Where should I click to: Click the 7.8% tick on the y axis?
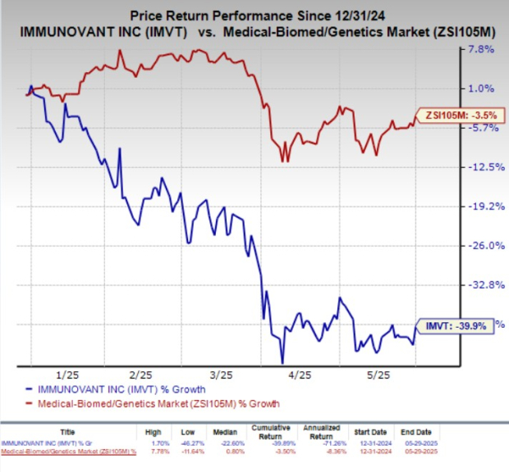coord(481,49)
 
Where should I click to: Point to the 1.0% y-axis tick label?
coord(481,88)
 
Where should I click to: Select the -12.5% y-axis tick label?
coord(479,167)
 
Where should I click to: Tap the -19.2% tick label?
coord(479,206)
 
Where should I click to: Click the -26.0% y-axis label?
coord(479,246)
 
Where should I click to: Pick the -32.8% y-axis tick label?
coord(479,285)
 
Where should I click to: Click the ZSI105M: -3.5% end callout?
coord(453,116)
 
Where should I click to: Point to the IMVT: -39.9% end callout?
coord(456,325)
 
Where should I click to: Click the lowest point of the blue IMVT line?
coord(282,363)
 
